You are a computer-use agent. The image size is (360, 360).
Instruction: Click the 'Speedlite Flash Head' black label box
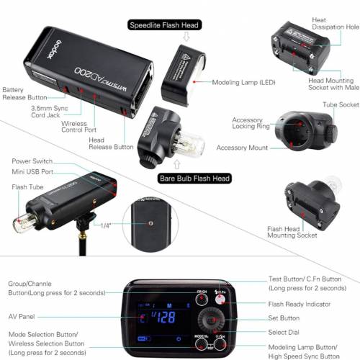coord(163,25)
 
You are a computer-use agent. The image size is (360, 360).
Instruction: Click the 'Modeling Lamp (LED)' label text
coord(243,82)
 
